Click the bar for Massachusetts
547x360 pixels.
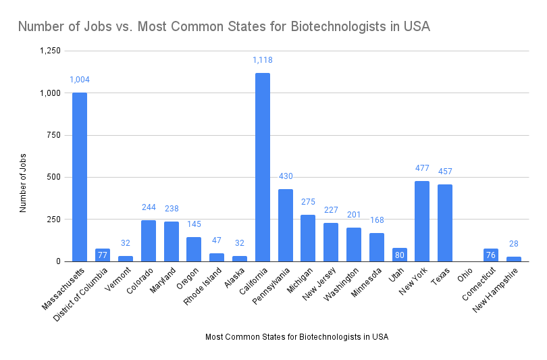point(80,177)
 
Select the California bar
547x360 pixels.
point(262,168)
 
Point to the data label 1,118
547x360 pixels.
point(262,60)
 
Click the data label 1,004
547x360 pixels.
point(80,80)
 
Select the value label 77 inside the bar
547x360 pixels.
point(103,255)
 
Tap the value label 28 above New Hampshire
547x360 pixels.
point(513,244)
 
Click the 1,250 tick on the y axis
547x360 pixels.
point(50,51)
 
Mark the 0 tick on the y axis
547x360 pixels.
point(58,261)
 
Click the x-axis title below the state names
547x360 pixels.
point(296,336)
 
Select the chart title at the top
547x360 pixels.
point(224,27)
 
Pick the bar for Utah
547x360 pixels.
point(399,255)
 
